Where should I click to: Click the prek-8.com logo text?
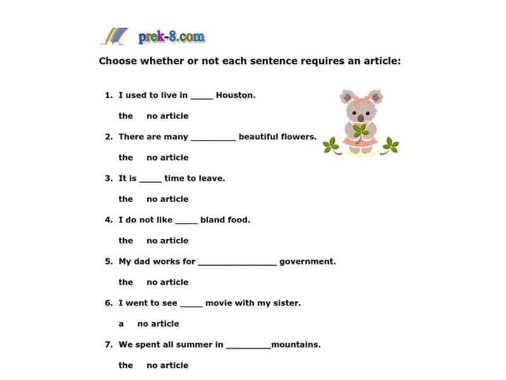tap(171, 37)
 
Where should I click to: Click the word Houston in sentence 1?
tap(235, 96)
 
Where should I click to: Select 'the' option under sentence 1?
tap(126, 116)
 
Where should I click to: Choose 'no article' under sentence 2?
tap(167, 158)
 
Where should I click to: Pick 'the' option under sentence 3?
tap(126, 199)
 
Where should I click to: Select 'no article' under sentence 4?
tap(167, 241)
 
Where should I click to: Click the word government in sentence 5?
tap(307, 262)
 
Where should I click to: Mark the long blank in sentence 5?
tap(237, 263)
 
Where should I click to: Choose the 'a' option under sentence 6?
tap(121, 324)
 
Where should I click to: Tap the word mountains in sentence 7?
tap(296, 345)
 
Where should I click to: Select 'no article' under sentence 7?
tap(167, 365)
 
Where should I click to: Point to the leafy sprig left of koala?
tap(331, 146)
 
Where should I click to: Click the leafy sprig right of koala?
tap(391, 146)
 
